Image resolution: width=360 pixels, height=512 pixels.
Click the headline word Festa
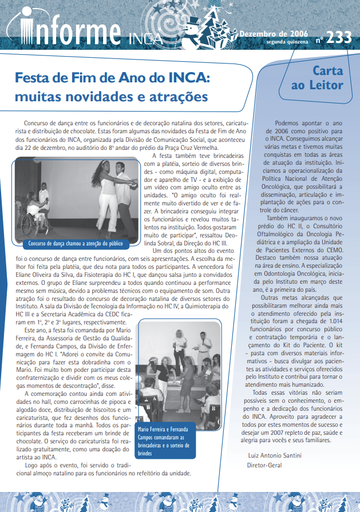[34, 77]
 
